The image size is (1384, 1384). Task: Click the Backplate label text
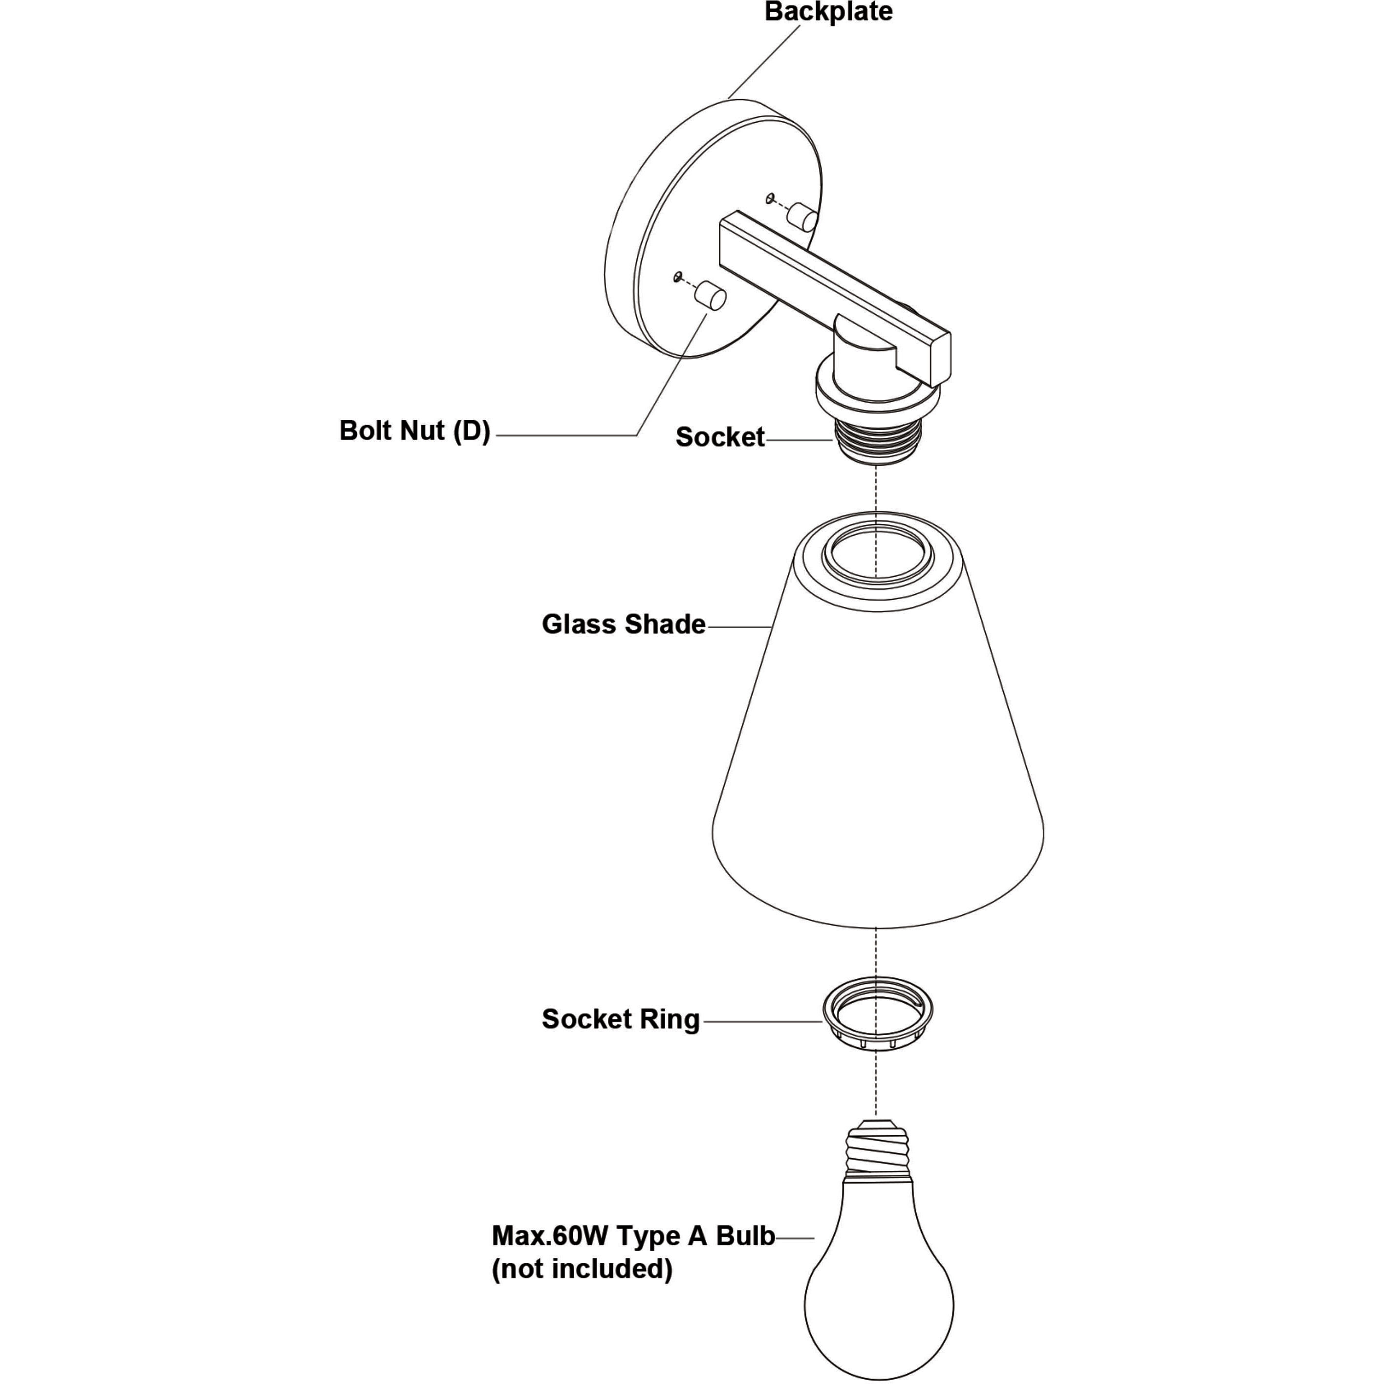click(x=828, y=12)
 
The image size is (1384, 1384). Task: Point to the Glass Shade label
click(x=623, y=624)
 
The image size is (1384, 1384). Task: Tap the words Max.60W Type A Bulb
click(x=632, y=1236)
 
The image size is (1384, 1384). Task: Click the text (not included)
click(x=582, y=1269)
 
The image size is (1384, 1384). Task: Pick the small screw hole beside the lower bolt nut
click(x=677, y=276)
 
